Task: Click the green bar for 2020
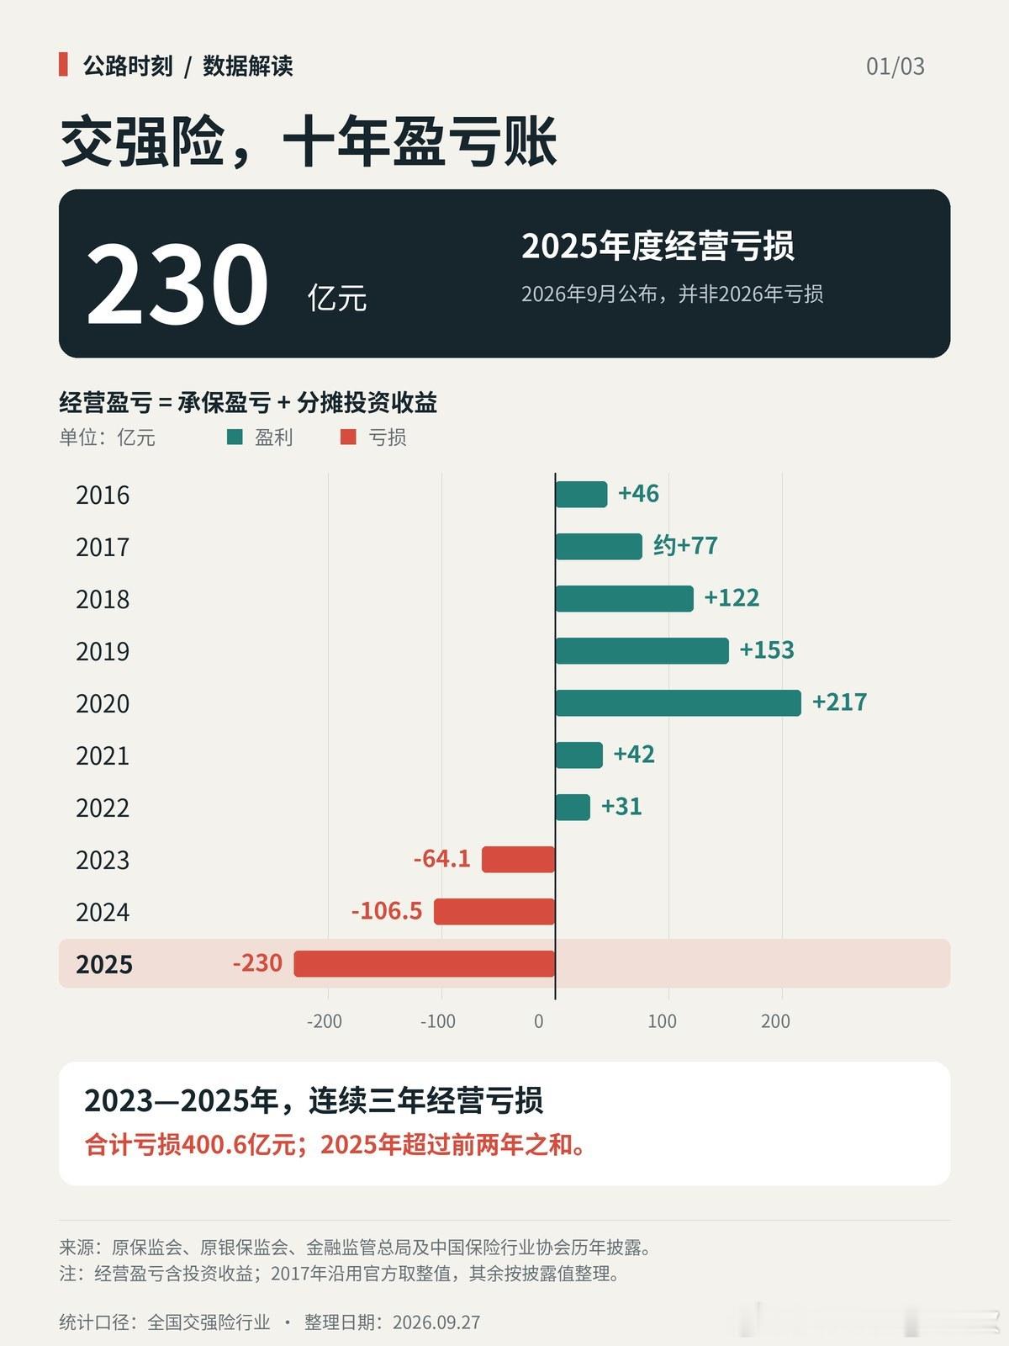(679, 702)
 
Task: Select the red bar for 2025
(425, 963)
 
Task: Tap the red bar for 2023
(518, 859)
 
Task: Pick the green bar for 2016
(581, 495)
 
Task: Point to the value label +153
(767, 650)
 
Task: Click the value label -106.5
(387, 911)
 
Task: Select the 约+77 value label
(685, 546)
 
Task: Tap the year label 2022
(103, 808)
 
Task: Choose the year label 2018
(103, 600)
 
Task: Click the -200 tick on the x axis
(324, 1021)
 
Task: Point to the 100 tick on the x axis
(663, 1021)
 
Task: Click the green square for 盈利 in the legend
(235, 437)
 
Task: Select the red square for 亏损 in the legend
(348, 437)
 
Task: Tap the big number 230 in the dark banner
(177, 284)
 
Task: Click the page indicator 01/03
(895, 66)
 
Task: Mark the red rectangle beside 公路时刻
(63, 65)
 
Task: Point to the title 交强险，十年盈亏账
(309, 141)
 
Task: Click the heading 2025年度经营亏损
(658, 246)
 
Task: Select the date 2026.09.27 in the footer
(436, 1322)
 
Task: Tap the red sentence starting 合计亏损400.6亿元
(335, 1144)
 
